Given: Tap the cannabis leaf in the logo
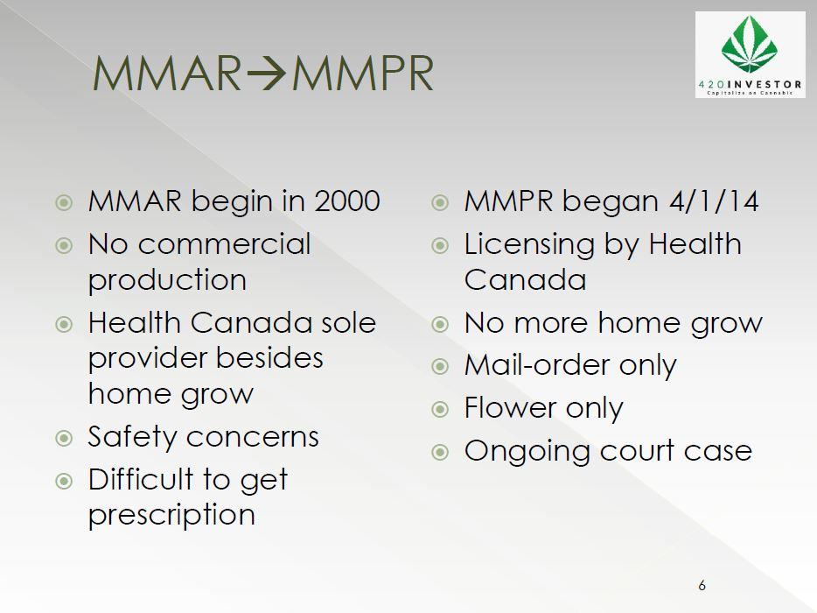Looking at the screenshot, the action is point(749,45).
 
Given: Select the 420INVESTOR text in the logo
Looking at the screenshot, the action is point(750,85).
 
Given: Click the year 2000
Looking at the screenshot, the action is point(347,201).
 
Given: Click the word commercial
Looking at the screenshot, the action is point(225,243).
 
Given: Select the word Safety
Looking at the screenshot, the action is point(132,438).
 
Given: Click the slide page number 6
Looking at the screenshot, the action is point(702,585).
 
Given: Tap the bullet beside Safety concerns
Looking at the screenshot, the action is point(64,438).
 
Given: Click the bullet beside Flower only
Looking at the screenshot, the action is point(440,408).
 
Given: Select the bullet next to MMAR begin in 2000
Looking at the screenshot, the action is point(64,202).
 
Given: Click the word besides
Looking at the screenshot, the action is point(269,358).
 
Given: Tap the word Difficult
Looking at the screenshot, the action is point(141,479).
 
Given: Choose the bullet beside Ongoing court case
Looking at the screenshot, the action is point(440,451).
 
